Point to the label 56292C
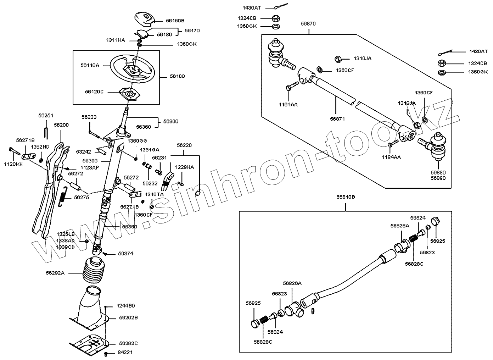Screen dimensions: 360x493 coord(128,343)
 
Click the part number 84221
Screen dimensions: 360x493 coord(125,353)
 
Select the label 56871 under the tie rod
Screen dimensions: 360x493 coord(337,119)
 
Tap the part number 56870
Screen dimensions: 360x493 coord(308,24)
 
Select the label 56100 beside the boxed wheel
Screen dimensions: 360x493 coord(177,76)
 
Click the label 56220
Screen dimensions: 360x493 coord(184,145)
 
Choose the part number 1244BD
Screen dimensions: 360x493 coord(127,306)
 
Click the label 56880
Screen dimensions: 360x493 coord(438,172)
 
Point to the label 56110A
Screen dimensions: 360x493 coord(90,65)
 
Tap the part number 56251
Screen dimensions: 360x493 coord(45,116)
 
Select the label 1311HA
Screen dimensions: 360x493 coord(116,40)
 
